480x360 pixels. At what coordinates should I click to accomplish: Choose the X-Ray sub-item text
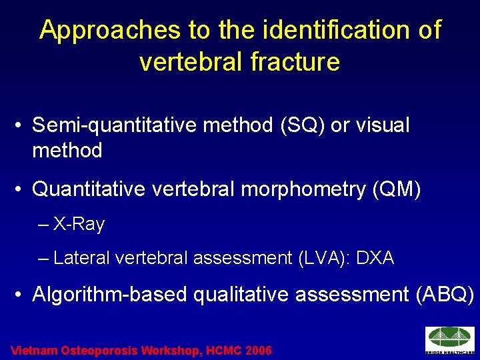point(79,225)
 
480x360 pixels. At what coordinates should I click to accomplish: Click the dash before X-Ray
point(44,225)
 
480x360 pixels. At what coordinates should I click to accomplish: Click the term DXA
point(375,258)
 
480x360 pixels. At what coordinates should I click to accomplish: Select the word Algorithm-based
point(109,294)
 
